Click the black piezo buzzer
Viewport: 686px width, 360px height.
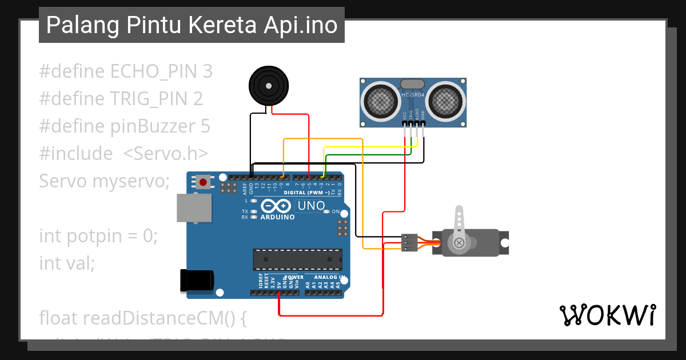(267, 86)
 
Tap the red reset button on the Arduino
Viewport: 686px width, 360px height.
(202, 182)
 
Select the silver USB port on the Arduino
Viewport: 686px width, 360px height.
(193, 208)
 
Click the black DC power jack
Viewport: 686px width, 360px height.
(196, 280)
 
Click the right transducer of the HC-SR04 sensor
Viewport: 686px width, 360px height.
(445, 101)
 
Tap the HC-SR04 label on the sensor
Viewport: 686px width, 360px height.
(413, 95)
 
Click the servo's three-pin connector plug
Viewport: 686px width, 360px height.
(409, 242)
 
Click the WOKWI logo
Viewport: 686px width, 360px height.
(608, 315)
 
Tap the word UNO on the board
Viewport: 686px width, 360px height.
(312, 206)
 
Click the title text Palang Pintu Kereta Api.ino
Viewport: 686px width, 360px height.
(192, 25)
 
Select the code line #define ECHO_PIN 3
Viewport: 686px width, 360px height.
(126, 71)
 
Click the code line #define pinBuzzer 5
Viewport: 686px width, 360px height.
(125, 126)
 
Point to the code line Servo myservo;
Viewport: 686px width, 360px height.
(105, 181)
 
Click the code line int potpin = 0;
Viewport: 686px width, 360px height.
(98, 235)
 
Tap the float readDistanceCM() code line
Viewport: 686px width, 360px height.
(143, 318)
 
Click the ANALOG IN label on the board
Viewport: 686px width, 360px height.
(330, 277)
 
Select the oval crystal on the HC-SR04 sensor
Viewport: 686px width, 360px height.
(413, 84)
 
